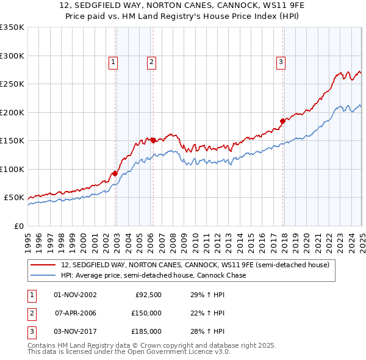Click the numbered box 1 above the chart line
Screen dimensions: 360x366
(113, 61)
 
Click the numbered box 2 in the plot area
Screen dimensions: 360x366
(151, 61)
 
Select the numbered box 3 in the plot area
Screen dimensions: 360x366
(281, 61)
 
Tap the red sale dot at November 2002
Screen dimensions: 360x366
(115, 173)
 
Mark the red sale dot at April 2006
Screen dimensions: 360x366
(153, 140)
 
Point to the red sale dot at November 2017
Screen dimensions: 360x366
(282, 121)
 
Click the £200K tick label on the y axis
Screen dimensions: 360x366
(12, 112)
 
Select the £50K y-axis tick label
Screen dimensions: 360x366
(14, 198)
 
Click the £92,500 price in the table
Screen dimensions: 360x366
(148, 295)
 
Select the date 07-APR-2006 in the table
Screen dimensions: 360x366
(76, 313)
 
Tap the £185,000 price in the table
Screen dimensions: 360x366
(146, 331)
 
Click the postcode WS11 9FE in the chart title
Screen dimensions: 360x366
(248, 6)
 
